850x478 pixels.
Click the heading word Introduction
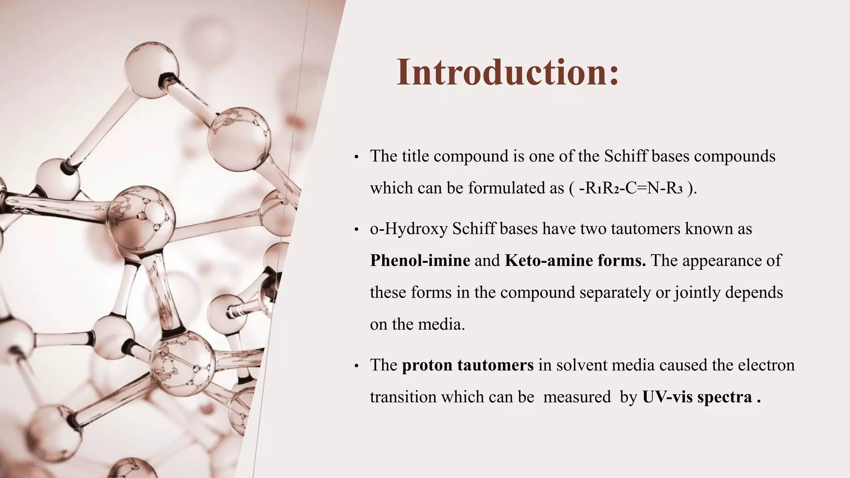pos(507,73)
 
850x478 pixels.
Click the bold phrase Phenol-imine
pos(420,261)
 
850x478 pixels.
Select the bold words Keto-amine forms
pos(575,261)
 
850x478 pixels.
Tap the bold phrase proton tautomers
pos(468,365)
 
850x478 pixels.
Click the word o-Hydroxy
pos(408,229)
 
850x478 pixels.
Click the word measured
pos(577,397)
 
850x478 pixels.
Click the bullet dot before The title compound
pos(356,158)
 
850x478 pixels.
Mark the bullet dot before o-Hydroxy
pos(356,230)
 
